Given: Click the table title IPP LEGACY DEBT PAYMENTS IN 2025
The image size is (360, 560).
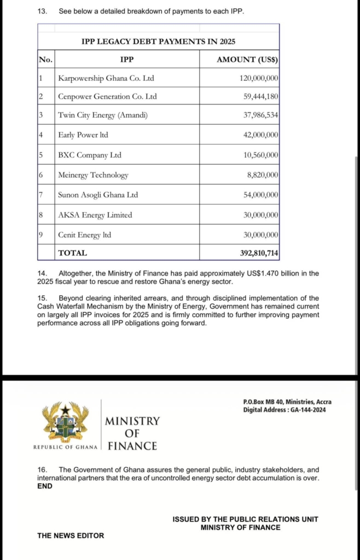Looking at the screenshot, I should tap(158, 42).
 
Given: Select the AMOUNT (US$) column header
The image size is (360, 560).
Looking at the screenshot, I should tap(247, 60).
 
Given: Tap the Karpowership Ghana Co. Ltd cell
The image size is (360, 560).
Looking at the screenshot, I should tap(106, 78).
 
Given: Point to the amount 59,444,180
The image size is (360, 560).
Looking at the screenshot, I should tap(260, 97).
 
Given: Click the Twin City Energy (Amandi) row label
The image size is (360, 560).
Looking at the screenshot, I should tap(103, 116).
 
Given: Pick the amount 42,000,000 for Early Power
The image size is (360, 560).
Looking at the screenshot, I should tap(260, 135).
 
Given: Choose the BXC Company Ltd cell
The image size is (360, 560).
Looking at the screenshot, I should tap(90, 155).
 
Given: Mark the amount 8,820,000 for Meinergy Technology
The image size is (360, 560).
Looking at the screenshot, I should tap(262, 175).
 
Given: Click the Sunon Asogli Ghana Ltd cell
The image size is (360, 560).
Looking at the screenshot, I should tap(98, 195).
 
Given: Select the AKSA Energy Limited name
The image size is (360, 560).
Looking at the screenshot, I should tap(95, 215).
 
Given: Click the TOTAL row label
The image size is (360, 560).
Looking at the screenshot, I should tap(73, 253).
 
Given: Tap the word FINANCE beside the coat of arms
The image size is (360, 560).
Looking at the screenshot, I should tap(132, 446).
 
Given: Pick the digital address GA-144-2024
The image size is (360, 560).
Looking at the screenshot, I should tap(305, 410).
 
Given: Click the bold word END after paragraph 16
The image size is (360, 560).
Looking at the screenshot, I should tap(45, 486).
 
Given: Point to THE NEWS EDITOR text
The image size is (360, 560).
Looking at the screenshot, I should tap(71, 535).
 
